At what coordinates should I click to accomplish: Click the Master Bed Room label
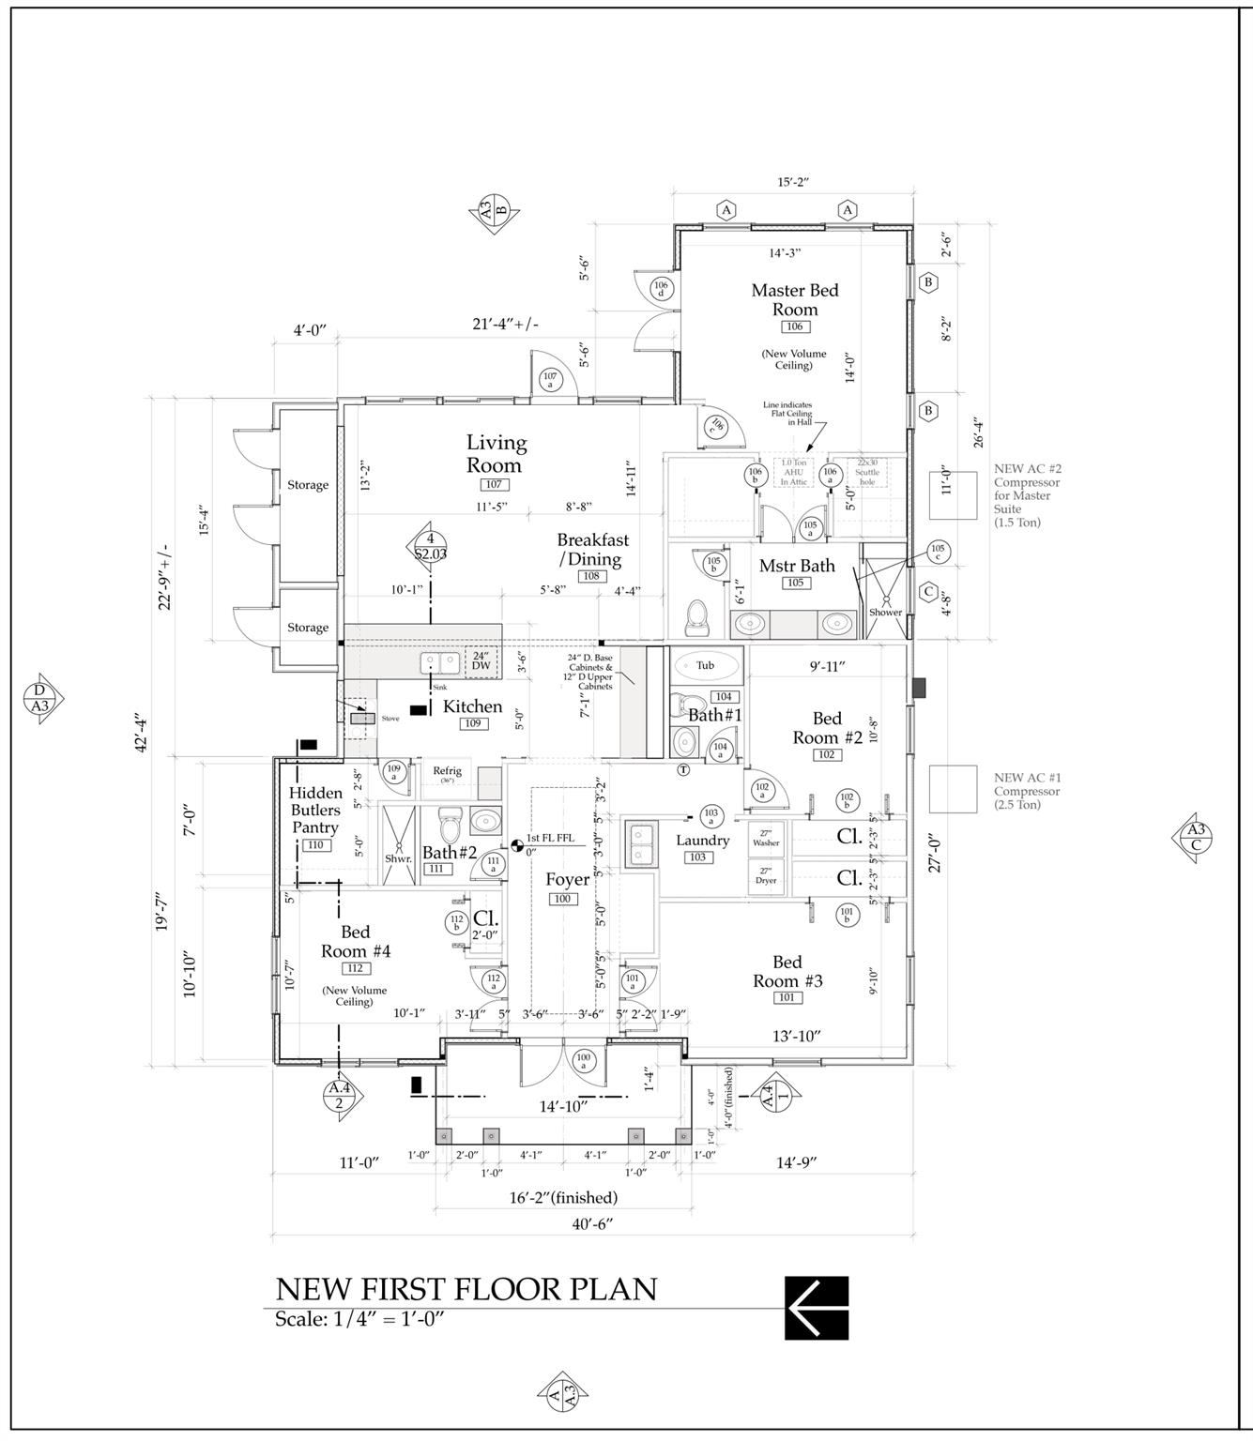[x=794, y=299]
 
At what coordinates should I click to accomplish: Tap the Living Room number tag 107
[x=494, y=485]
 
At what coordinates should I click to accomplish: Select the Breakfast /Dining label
[x=592, y=550]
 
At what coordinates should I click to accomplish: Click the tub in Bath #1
[x=706, y=665]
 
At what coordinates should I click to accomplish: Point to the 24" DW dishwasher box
[x=481, y=660]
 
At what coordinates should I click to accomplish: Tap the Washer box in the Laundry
[x=766, y=838]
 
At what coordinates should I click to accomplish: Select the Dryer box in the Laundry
[x=766, y=876]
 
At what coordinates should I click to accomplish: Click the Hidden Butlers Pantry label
[x=315, y=811]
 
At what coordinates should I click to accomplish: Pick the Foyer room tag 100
[x=562, y=899]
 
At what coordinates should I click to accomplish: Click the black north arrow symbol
[x=817, y=1308]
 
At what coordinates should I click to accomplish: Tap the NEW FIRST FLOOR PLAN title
[x=466, y=1289]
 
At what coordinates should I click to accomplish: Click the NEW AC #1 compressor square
[x=953, y=789]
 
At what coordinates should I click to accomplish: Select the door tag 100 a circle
[x=583, y=1060]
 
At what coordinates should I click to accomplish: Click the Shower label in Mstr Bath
[x=885, y=613]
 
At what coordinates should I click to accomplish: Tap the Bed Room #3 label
[x=787, y=971]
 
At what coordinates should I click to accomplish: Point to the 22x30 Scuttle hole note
[x=867, y=472]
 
